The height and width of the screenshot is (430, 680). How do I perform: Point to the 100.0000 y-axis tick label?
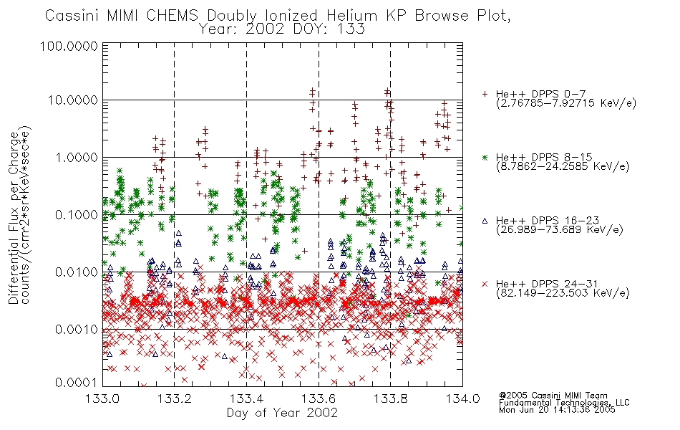69,46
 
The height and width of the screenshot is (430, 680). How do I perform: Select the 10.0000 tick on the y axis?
73,100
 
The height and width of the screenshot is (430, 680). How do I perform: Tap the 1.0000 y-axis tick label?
77,157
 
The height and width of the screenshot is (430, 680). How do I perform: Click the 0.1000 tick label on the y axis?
77,214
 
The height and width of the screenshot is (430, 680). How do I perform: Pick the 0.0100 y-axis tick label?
77,272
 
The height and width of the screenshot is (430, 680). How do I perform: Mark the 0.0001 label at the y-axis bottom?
77,382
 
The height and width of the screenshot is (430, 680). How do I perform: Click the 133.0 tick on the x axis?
102,398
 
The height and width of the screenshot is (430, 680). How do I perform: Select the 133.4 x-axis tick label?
246,398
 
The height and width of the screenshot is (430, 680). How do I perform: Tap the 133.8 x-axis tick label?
390,398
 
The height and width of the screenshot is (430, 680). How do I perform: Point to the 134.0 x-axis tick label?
462,398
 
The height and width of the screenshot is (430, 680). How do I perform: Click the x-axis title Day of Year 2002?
282,413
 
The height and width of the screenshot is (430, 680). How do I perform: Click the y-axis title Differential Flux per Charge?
14,218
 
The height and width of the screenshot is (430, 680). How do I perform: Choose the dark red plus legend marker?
485,94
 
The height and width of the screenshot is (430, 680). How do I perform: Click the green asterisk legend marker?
485,157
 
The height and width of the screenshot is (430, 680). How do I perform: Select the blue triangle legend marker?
485,221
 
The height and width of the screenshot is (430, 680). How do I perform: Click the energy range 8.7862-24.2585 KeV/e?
563,166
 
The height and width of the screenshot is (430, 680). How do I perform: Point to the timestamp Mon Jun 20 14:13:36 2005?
557,410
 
